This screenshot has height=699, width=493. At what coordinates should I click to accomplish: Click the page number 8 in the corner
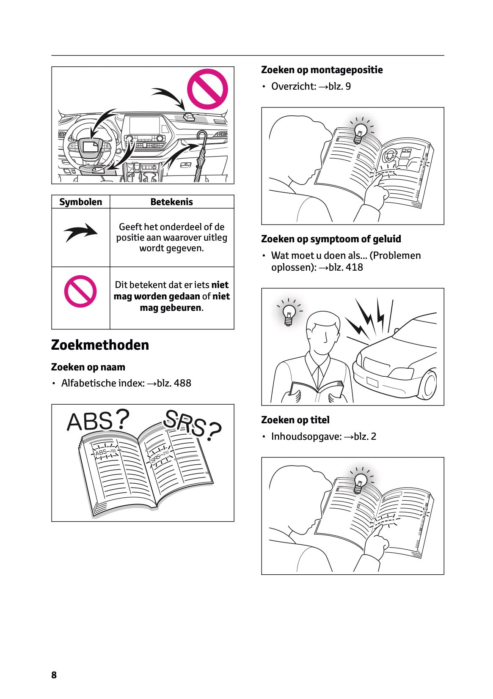(54, 675)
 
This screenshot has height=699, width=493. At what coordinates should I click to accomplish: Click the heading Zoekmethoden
(100, 345)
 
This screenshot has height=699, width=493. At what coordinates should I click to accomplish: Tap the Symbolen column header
(80, 202)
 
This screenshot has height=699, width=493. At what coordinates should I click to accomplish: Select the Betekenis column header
(171, 202)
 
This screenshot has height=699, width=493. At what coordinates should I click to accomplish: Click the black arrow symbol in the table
(80, 232)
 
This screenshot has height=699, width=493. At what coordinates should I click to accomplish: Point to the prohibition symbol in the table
(80, 291)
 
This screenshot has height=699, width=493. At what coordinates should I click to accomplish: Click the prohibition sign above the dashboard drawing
(207, 89)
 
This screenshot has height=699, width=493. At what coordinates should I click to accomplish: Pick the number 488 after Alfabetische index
(182, 383)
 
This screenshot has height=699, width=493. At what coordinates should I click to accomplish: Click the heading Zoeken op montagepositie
(322, 70)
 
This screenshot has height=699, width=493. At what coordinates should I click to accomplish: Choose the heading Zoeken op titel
(295, 420)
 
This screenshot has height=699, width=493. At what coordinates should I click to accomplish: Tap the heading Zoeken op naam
(88, 367)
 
